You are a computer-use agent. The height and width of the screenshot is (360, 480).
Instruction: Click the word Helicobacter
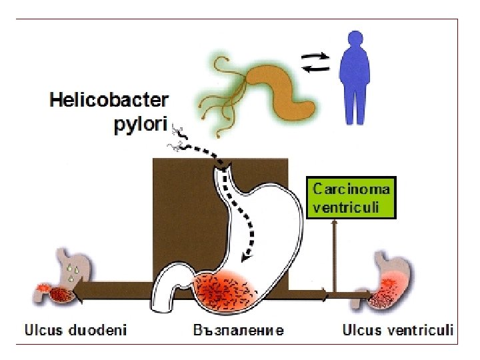click(x=109, y=102)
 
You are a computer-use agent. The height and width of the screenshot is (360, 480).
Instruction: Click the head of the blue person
click(x=353, y=41)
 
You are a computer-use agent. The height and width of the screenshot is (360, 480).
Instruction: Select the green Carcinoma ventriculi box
click(x=351, y=197)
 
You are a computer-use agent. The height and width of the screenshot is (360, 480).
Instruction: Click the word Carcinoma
click(x=351, y=188)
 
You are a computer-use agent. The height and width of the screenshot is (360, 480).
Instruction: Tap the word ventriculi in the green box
click(x=346, y=207)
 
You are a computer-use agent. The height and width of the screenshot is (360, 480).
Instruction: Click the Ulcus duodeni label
click(x=76, y=329)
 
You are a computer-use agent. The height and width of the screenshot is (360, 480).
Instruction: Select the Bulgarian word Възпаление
click(x=239, y=330)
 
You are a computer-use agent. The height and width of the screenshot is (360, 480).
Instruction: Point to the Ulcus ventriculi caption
click(x=398, y=329)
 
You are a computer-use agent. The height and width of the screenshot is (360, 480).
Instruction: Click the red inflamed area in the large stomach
click(x=223, y=291)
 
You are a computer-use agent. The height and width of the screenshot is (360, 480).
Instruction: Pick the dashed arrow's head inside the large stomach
click(x=245, y=255)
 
